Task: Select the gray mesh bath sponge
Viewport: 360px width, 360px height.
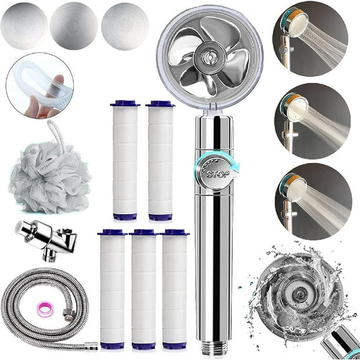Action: [x=49, y=176]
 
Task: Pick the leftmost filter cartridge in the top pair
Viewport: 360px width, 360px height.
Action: [x=125, y=160]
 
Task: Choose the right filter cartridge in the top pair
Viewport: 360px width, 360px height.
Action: [x=160, y=160]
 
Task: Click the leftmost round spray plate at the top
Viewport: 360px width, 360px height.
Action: [x=24, y=26]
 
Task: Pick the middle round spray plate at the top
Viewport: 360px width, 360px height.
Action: [x=74, y=26]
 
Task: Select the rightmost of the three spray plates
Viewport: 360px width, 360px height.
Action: [x=125, y=26]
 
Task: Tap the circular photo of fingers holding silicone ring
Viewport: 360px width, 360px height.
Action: [x=40, y=85]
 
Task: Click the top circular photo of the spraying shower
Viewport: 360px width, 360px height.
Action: [x=311, y=39]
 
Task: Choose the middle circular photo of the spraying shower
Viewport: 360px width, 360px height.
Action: [x=312, y=121]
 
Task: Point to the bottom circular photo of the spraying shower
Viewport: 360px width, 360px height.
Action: [x=314, y=202]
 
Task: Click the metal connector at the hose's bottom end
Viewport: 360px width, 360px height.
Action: [x=91, y=346]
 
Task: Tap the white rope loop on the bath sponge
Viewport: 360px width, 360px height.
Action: [x=57, y=135]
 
